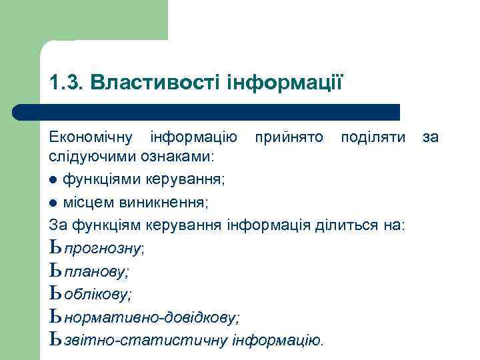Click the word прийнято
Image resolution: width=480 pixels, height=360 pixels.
pos(288,137)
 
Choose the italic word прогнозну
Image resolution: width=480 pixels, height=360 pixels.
pos(103,249)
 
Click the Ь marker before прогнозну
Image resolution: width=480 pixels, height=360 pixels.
pos(55,248)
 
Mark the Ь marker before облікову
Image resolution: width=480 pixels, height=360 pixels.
pos(55,293)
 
